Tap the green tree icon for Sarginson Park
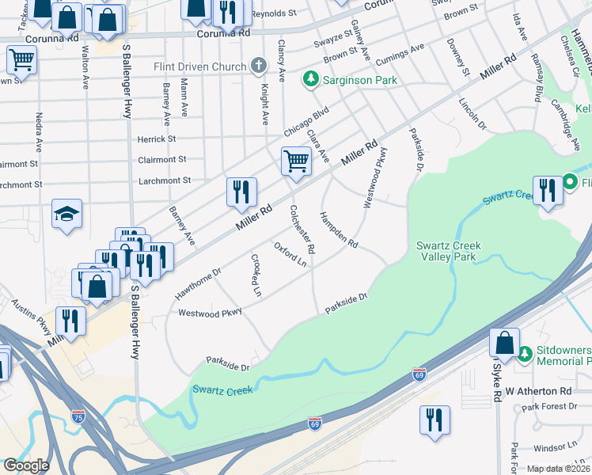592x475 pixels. pos(310,80)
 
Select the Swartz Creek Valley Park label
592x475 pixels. pos(450,251)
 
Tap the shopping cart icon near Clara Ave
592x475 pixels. pos(296,161)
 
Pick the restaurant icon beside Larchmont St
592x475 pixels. pos(242,192)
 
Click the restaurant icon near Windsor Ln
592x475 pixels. pos(435,420)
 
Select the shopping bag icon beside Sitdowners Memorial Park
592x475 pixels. pos(504,343)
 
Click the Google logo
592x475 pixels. pos(26,465)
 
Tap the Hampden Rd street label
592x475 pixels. pos(339,229)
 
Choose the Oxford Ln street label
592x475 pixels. pos(290,254)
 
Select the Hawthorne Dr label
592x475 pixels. pos(198,283)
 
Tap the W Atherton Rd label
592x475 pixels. pos(538,391)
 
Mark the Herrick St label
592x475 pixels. pos(156,139)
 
